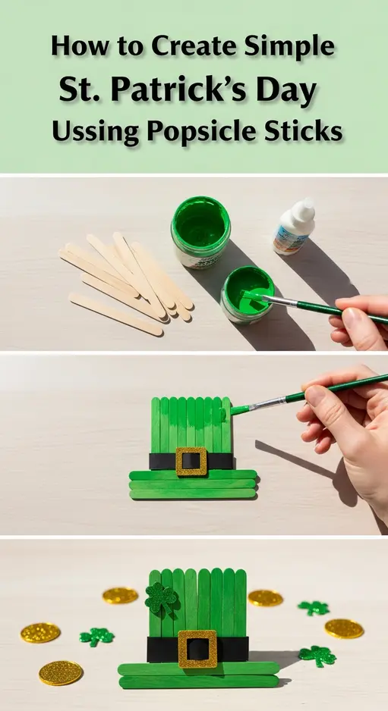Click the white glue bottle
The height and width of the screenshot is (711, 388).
click(294, 227)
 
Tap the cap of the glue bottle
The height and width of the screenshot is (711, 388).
click(304, 205)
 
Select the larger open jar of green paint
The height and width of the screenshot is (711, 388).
click(200, 233)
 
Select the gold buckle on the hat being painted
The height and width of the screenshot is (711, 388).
click(192, 462)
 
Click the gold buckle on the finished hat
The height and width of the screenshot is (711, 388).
click(197, 649)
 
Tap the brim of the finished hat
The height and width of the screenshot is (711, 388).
click(198, 675)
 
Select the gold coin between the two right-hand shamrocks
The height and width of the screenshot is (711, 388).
click(344, 628)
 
